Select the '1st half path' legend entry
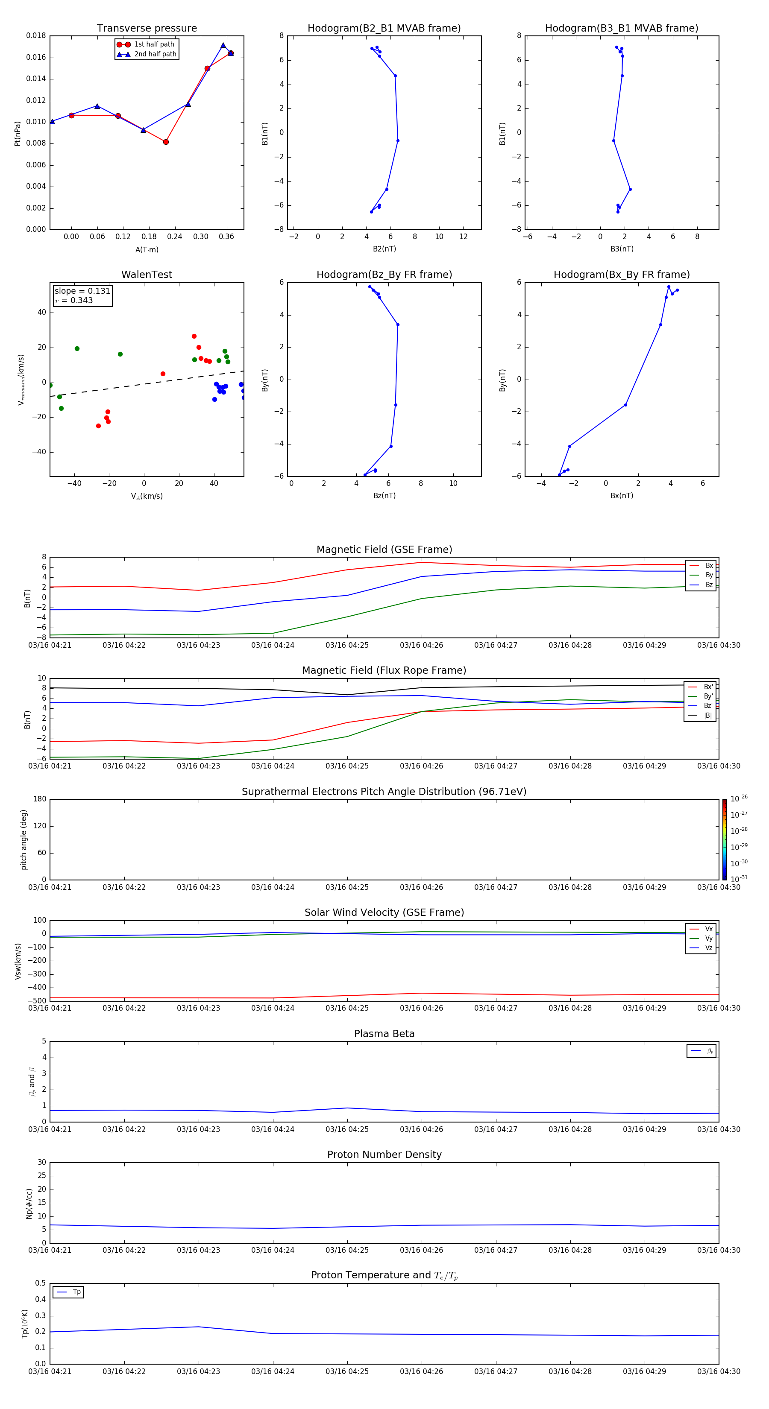[154, 44]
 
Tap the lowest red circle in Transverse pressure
[166, 142]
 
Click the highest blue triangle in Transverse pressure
[223, 45]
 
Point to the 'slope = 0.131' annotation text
[82, 291]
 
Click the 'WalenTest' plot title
[147, 275]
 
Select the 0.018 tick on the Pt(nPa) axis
[36, 35]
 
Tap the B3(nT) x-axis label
[622, 249]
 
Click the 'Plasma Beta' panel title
[384, 1034]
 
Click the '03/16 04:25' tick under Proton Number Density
[347, 1250]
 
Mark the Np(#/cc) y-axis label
[29, 1203]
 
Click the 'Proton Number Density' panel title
[384, 1155]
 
